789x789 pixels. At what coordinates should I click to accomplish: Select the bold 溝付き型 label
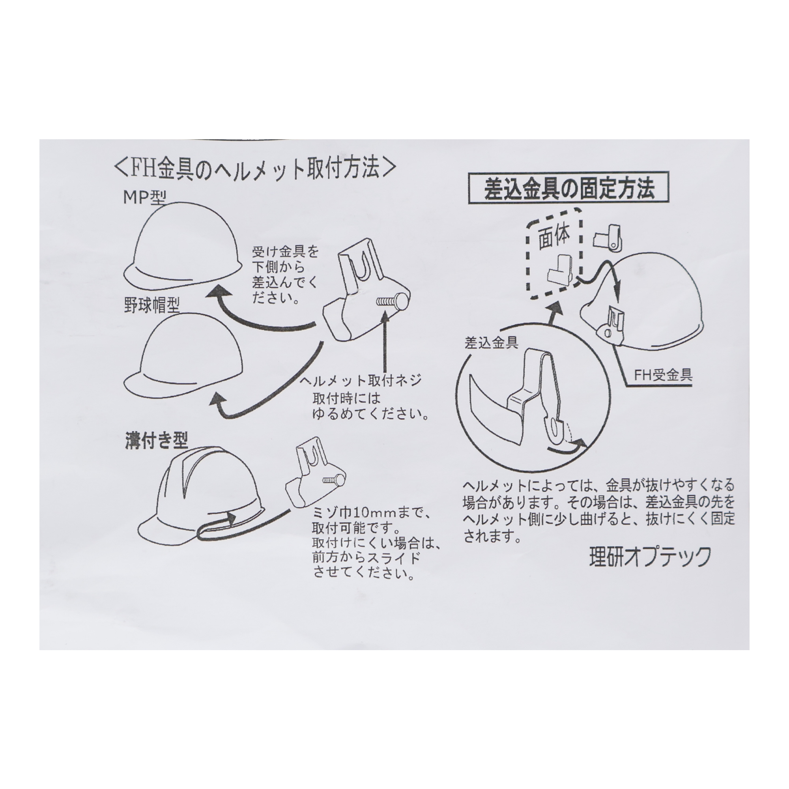click(x=156, y=440)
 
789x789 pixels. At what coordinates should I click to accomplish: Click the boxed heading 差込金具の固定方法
click(x=569, y=189)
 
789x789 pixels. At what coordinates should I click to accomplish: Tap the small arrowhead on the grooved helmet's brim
click(x=232, y=519)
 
